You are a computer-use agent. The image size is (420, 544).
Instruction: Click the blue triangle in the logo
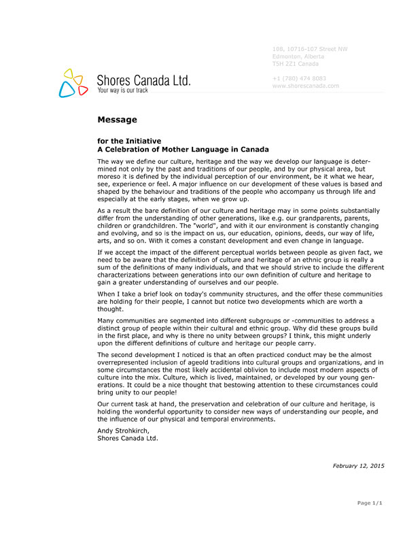[x=66, y=88]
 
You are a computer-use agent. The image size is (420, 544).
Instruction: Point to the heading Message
[x=117, y=120]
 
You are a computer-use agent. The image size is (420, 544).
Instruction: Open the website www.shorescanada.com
[x=305, y=86]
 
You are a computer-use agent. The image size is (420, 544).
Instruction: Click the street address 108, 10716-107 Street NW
[x=309, y=49]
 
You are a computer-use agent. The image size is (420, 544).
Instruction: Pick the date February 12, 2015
[x=358, y=465]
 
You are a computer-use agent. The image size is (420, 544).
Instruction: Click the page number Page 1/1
[x=370, y=503]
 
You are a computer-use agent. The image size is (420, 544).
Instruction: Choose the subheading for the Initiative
[x=129, y=141]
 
